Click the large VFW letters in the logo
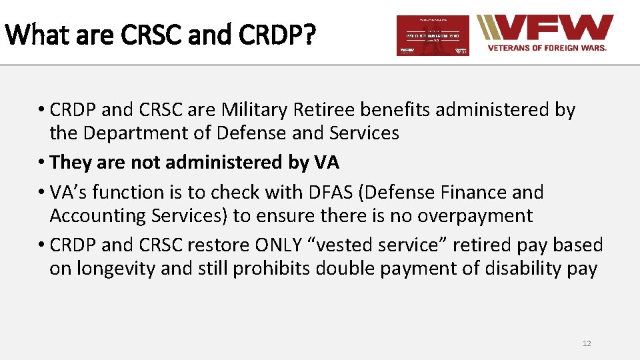(x=553, y=28)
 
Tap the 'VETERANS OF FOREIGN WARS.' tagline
(x=547, y=48)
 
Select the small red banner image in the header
(x=433, y=35)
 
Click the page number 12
(x=587, y=343)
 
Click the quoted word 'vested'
(x=344, y=245)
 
